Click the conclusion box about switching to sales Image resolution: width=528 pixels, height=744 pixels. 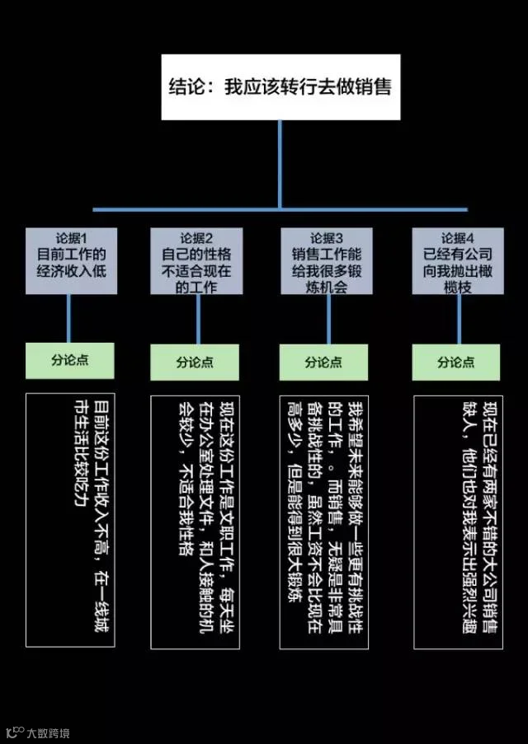coord(280,87)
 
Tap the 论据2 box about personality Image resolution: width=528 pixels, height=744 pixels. coord(196,260)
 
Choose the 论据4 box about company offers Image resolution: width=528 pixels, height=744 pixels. coord(455,260)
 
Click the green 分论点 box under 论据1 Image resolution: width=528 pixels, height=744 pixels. coord(69,360)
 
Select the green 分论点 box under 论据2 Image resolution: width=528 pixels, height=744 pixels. coord(196,362)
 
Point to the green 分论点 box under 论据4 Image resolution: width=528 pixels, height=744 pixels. coord(455,362)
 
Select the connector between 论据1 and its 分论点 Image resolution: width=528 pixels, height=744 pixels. coord(69,318)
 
